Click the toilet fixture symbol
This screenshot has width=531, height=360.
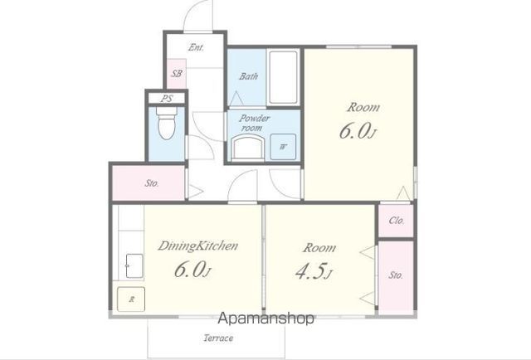(x=167, y=124)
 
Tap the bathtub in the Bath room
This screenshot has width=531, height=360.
(x=284, y=78)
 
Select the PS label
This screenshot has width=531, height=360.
(x=167, y=99)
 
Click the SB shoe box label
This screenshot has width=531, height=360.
(x=177, y=74)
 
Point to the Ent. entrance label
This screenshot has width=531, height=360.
(x=197, y=47)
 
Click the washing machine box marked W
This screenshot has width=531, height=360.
(x=283, y=147)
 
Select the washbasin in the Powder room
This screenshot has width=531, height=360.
(x=248, y=147)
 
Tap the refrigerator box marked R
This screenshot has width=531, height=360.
(x=131, y=299)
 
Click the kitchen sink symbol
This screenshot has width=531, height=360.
(x=134, y=265)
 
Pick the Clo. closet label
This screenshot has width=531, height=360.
(x=397, y=221)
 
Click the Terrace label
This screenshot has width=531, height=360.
(x=218, y=338)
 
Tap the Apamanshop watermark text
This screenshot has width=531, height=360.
(x=265, y=319)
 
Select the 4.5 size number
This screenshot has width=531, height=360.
(x=310, y=271)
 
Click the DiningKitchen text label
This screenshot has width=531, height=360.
(x=198, y=246)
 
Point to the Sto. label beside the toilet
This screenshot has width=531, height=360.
(x=152, y=183)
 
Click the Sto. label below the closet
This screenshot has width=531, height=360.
(x=396, y=275)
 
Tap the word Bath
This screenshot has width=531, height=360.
(x=249, y=76)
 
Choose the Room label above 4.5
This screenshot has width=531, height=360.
(x=319, y=248)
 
